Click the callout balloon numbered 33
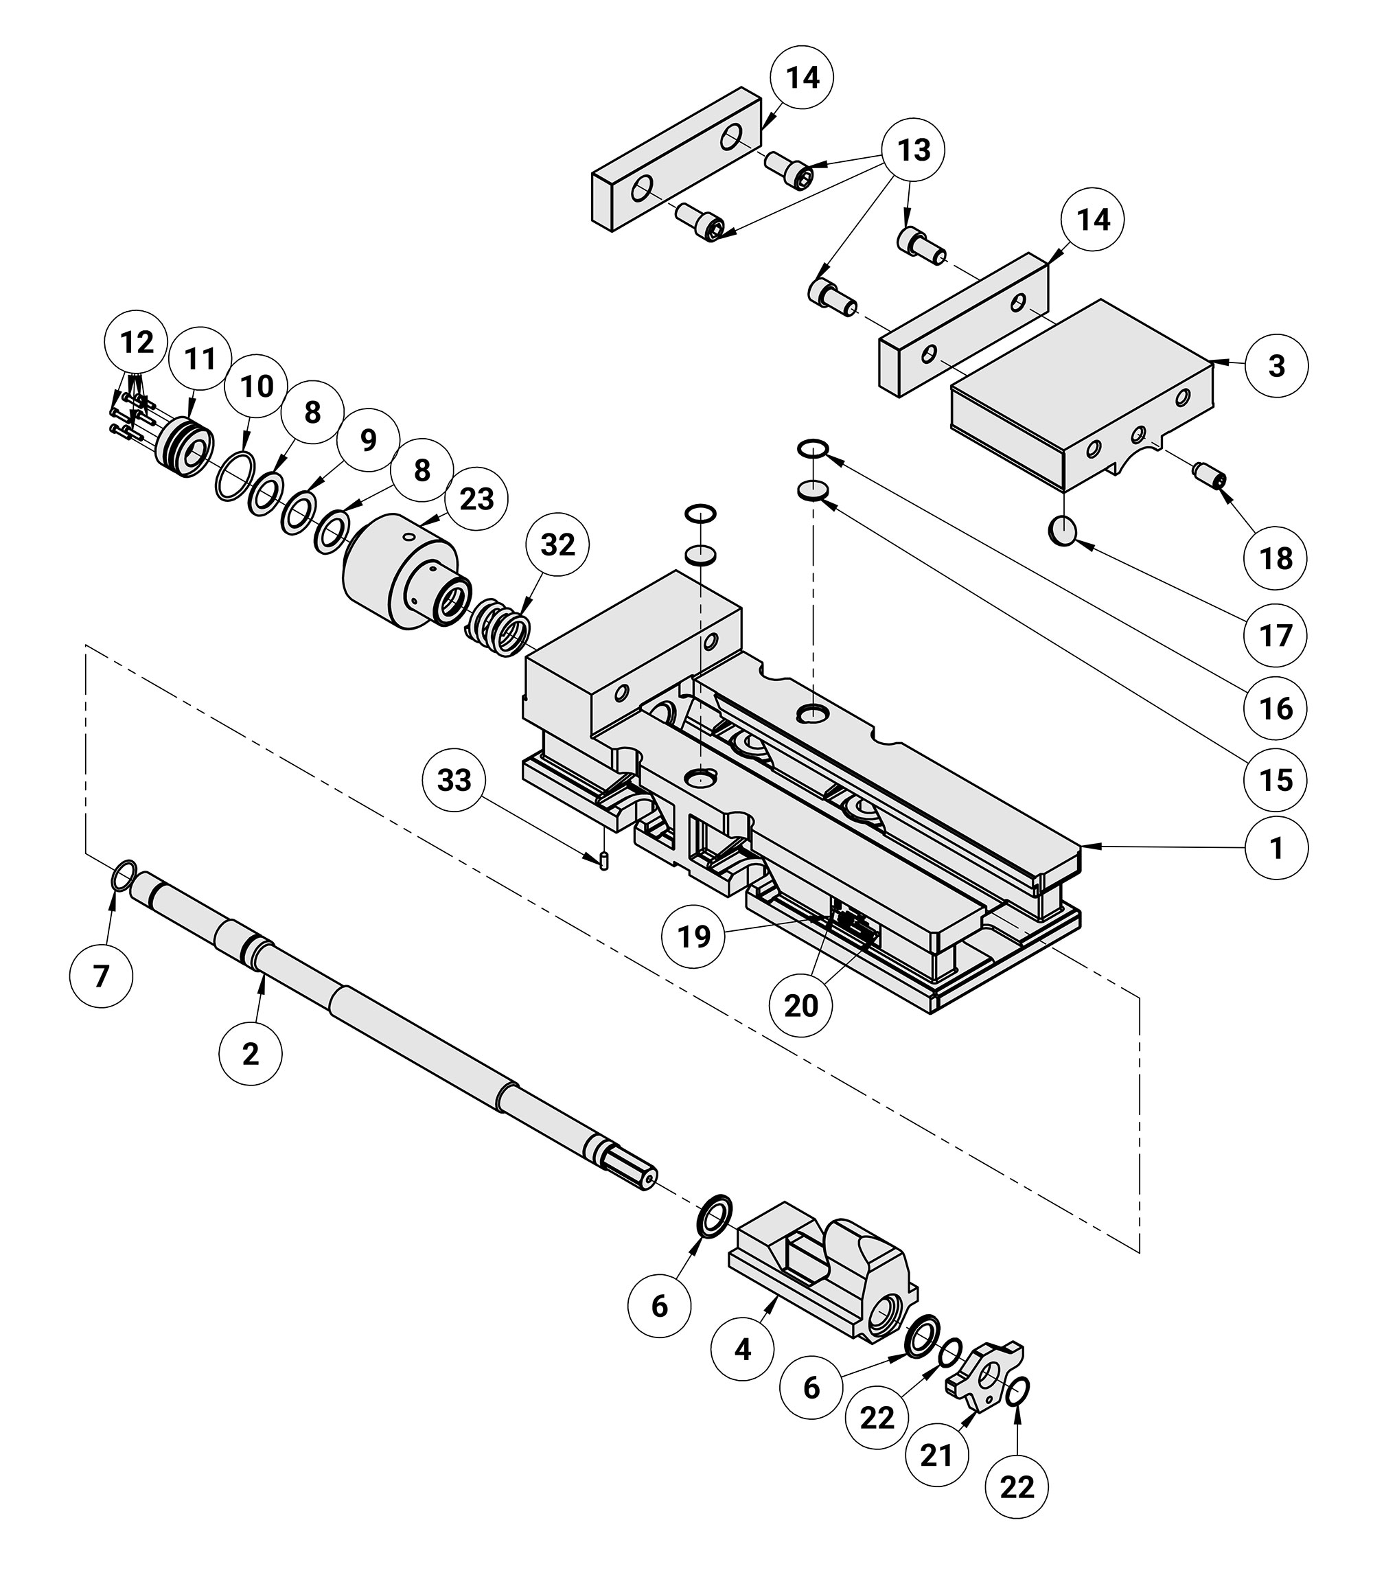(x=454, y=781)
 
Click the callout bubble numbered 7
(x=101, y=976)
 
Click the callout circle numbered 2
(x=251, y=1055)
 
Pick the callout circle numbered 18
(x=1276, y=559)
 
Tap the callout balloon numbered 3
(x=1276, y=365)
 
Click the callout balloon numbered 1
(x=1276, y=848)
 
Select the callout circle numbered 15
(x=1276, y=781)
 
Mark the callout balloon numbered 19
(x=694, y=936)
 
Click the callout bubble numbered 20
(x=800, y=1005)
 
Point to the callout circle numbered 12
(x=137, y=343)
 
